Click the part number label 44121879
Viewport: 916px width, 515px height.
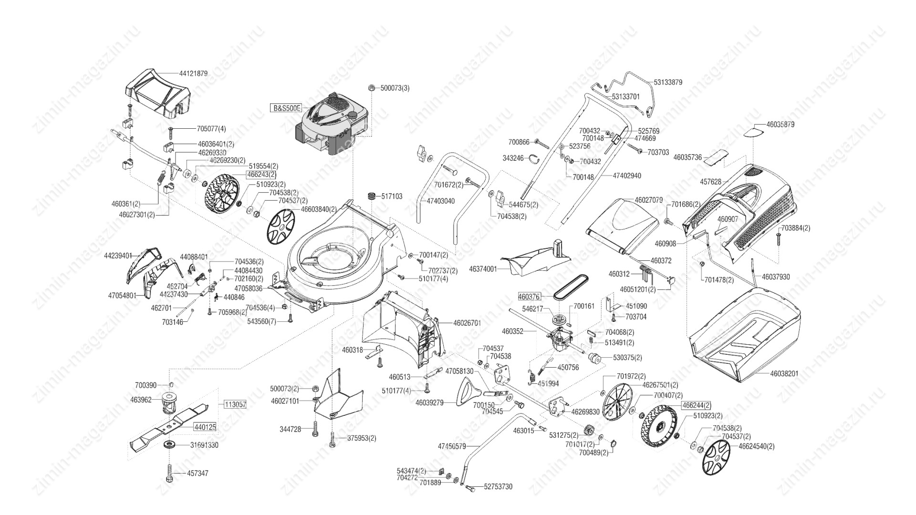click(x=193, y=73)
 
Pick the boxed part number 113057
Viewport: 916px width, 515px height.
click(x=235, y=404)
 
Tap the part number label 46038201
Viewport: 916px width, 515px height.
click(x=784, y=373)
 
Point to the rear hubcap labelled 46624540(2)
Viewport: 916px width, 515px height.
click(x=717, y=457)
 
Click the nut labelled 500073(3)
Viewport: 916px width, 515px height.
click(x=371, y=88)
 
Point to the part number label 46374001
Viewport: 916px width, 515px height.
click(x=483, y=269)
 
